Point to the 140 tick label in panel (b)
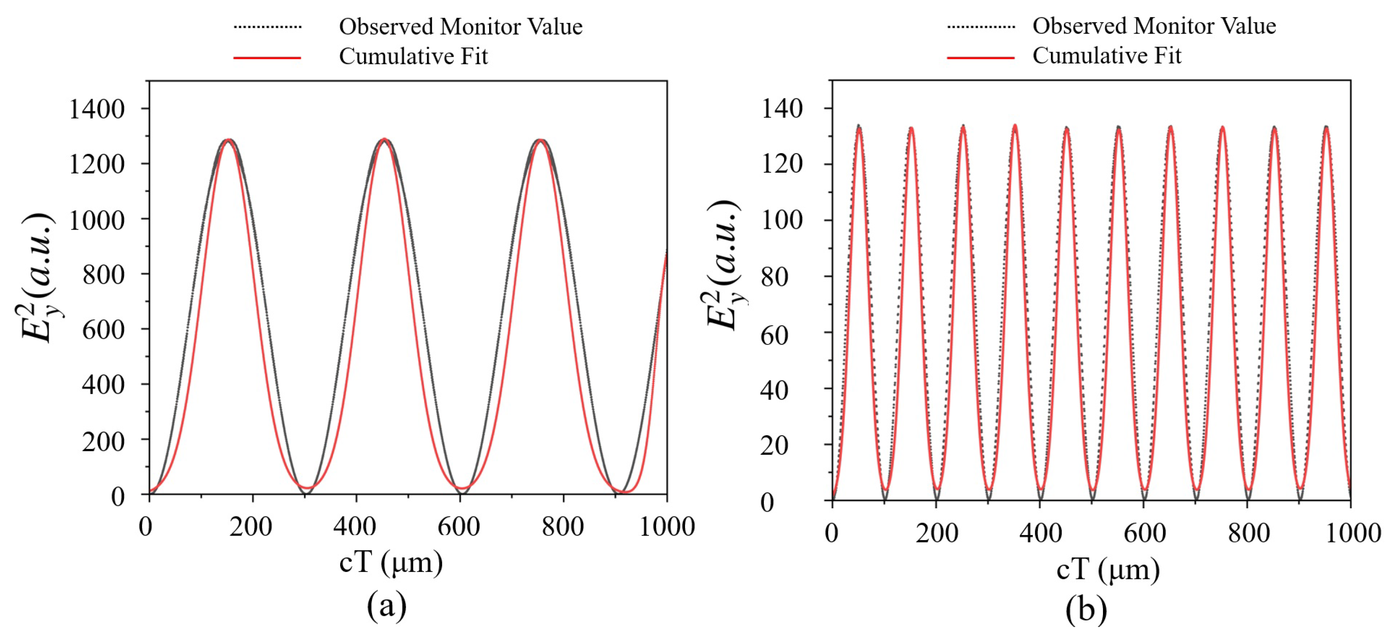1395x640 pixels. coord(782,109)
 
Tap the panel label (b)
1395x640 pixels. coord(1086,610)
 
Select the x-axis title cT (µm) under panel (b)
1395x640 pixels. coord(1108,570)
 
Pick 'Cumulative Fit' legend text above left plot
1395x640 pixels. coord(413,56)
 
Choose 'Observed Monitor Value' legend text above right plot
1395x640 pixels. coord(1154,26)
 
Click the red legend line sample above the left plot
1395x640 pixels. coord(267,57)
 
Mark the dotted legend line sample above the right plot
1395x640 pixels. coord(981,26)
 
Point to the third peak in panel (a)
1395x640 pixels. coord(540,140)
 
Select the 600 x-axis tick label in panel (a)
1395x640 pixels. coord(458,526)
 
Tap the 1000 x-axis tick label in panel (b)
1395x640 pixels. coord(1352,533)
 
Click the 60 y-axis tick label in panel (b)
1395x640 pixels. coord(774,336)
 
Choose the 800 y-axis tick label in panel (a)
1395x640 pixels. coord(103,274)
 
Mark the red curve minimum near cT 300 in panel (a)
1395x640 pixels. coord(307,488)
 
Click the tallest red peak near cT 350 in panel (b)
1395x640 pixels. coord(1015,126)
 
